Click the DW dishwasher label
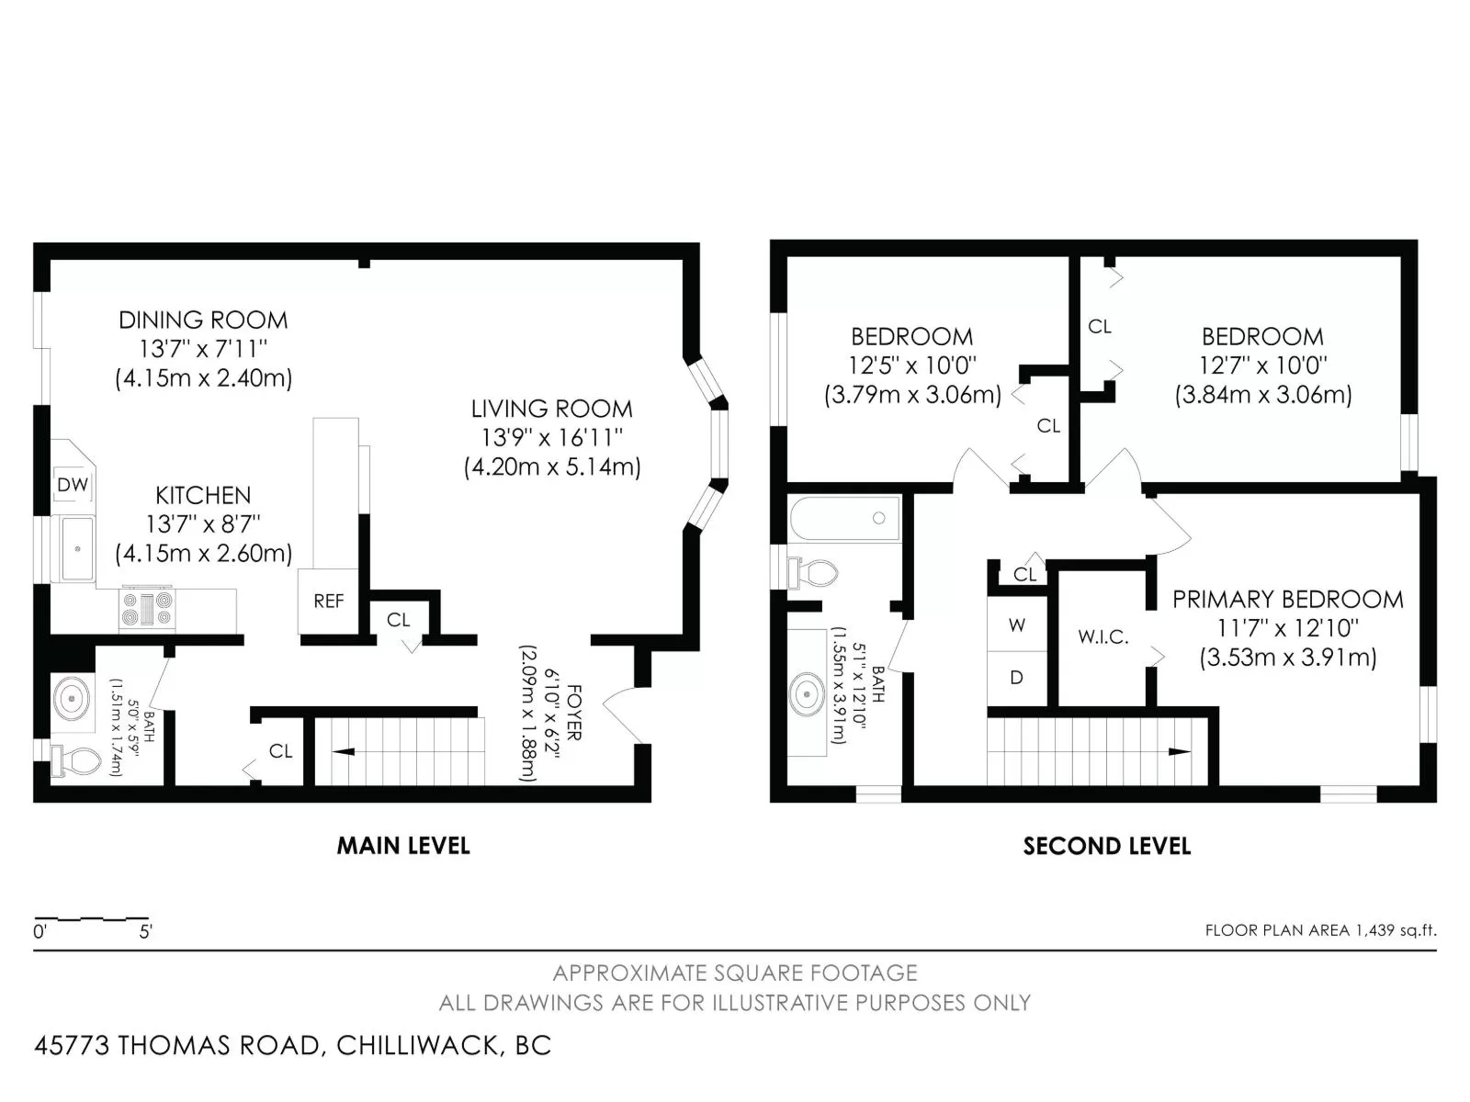coord(73,485)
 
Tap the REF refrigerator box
coord(328,602)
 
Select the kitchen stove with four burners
coord(147,609)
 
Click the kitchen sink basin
coord(77,548)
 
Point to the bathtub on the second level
coord(845,518)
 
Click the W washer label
coord(1016,625)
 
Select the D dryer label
coord(1016,678)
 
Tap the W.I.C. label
coord(1102,637)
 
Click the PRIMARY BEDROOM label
coord(1288,600)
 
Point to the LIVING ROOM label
coord(551,409)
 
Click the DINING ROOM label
coord(203,320)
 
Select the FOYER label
coord(574,712)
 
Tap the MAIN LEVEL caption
coord(403,846)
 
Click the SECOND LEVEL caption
coord(1107,846)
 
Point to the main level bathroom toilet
coord(75,760)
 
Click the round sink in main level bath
coord(73,699)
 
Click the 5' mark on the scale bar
coord(145,932)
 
